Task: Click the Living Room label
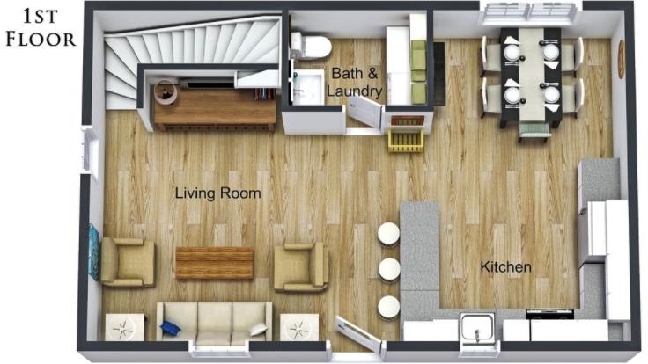point(217,193)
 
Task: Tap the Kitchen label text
point(505,266)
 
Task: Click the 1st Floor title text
point(40,25)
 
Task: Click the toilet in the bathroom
point(310,45)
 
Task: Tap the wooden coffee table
point(214,263)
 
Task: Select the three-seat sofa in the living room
point(213,323)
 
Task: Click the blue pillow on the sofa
point(170,328)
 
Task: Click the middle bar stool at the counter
point(388,268)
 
